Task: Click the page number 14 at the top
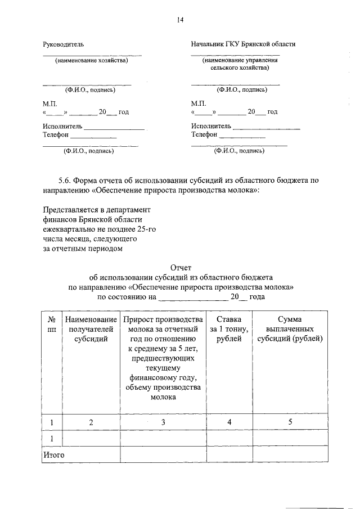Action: [x=180, y=20]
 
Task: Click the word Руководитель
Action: [x=64, y=44]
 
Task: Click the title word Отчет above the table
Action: [x=181, y=268]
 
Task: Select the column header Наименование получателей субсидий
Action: [x=91, y=329]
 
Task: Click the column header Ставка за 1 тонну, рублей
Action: [x=229, y=329]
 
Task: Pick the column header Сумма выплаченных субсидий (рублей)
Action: [x=290, y=329]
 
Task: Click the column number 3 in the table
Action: [x=163, y=422]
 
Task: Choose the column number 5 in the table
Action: [x=290, y=422]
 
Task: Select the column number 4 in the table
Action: [x=229, y=422]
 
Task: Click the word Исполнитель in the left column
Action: [x=62, y=126]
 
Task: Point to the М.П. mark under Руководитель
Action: [x=50, y=103]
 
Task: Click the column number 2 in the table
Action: [x=91, y=422]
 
